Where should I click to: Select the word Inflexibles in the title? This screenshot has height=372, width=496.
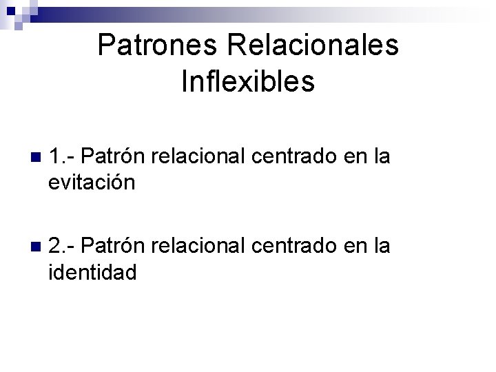coord(248,81)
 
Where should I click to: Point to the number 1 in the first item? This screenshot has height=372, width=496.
coord(55,157)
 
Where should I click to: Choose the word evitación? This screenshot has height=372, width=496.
coord(92,183)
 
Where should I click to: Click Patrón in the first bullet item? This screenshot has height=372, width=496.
coord(115,157)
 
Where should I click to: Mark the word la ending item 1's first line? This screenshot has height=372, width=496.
coord(380,157)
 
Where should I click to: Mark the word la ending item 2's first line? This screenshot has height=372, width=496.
coord(381,246)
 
